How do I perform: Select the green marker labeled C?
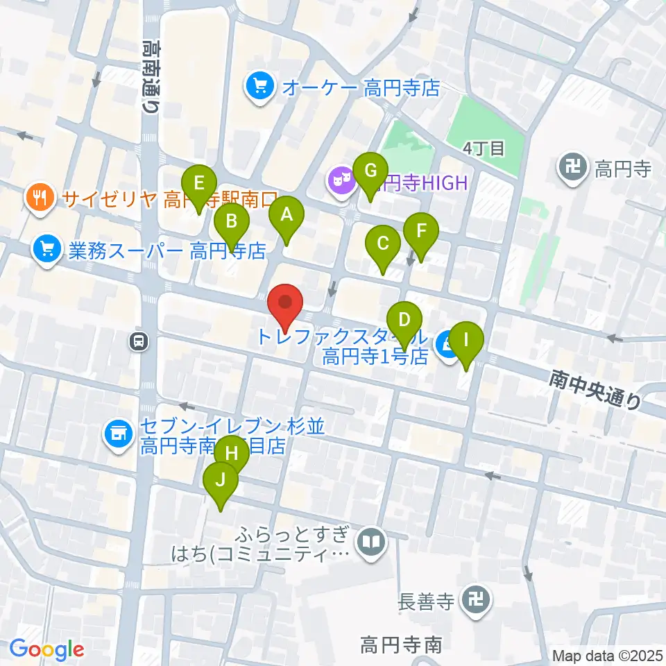coord(382,244)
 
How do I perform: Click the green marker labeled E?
coord(199,185)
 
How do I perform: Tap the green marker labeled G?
coord(370,171)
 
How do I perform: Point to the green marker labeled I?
coord(466,341)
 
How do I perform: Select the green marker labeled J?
coord(221,481)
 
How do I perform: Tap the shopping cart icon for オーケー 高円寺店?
coord(260,87)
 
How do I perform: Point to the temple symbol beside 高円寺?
coord(572,168)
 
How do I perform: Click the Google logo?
coord(47,649)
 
